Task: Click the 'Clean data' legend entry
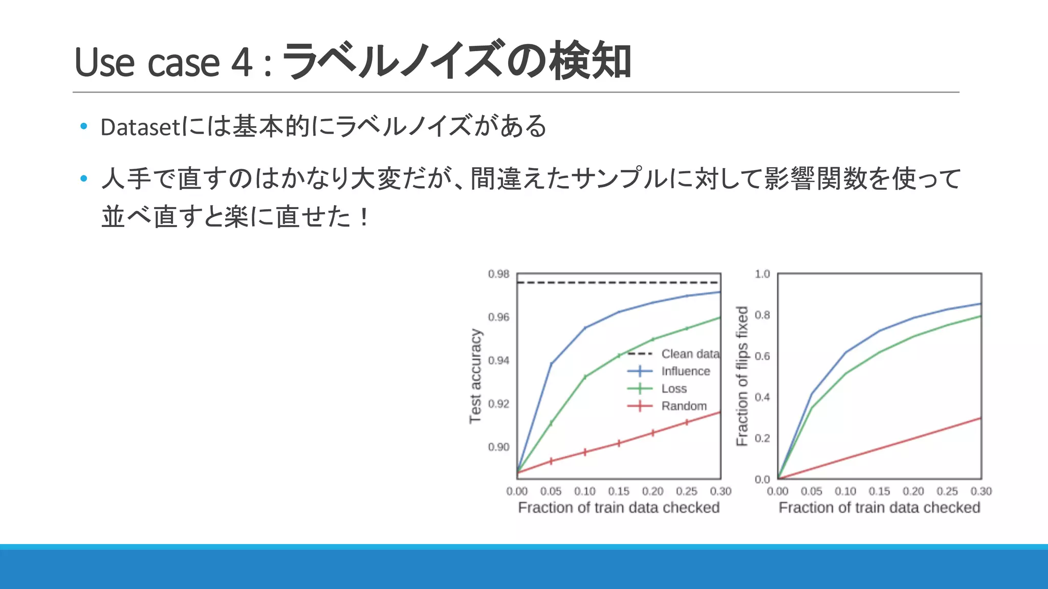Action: click(690, 354)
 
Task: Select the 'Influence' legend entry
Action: click(685, 371)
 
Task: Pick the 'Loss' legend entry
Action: click(674, 389)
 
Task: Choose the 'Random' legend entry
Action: click(684, 406)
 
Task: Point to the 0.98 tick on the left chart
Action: click(498, 274)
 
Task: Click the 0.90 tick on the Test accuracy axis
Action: click(498, 447)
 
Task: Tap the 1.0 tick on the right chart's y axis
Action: click(762, 274)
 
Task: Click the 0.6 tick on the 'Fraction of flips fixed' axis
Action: click(762, 356)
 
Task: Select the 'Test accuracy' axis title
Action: click(475, 376)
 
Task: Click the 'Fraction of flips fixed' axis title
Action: click(742, 376)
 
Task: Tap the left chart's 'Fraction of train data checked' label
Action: click(619, 508)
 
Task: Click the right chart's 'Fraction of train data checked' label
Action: click(879, 508)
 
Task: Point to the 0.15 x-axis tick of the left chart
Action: click(619, 491)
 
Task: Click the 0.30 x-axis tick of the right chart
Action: click(981, 491)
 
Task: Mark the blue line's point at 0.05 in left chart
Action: click(551, 364)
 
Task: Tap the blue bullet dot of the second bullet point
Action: click(84, 178)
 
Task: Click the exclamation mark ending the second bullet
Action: click(364, 217)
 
